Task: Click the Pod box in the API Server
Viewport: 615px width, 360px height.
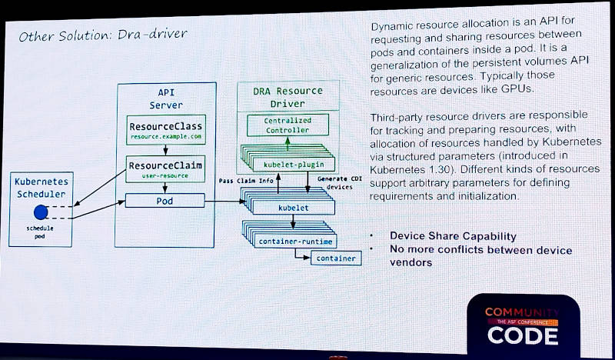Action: (166, 201)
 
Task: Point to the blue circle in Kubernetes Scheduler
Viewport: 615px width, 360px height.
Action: (41, 212)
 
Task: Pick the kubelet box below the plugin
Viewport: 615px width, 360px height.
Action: (293, 208)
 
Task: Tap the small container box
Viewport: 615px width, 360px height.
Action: (336, 258)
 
